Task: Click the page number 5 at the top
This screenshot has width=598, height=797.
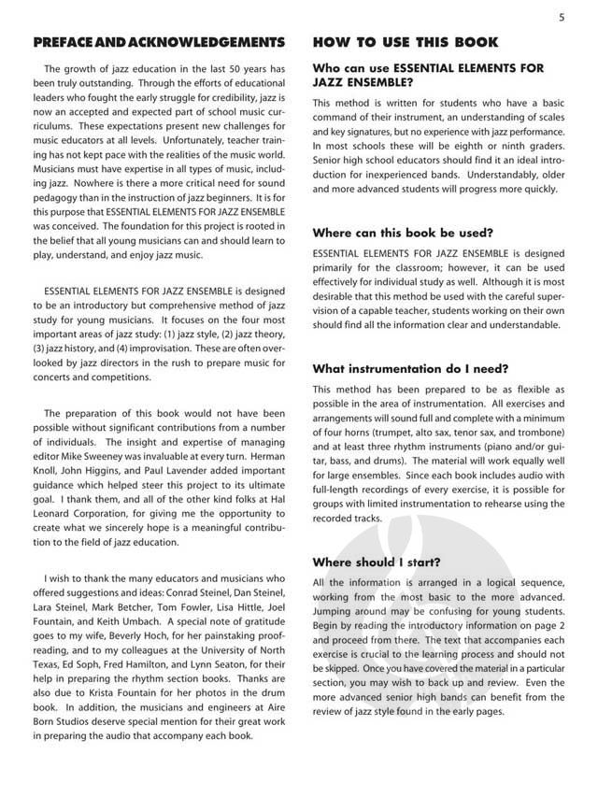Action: [562, 17]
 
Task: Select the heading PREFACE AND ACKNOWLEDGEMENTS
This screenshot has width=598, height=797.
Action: [158, 43]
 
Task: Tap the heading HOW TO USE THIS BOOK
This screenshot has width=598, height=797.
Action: [405, 43]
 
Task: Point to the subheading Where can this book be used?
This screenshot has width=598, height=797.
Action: [403, 232]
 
